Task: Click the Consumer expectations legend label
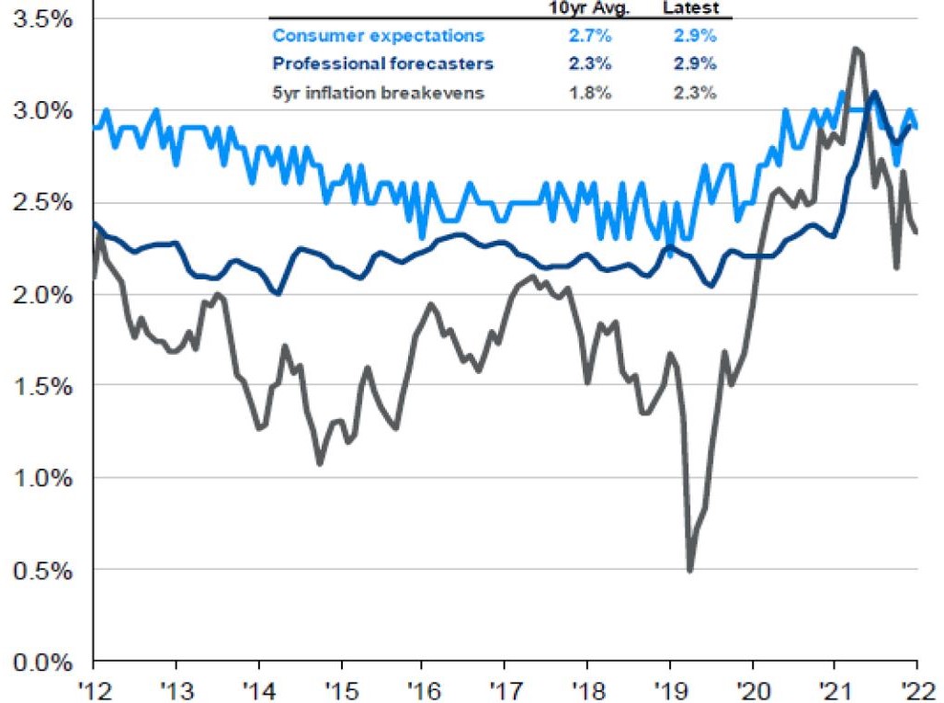(378, 37)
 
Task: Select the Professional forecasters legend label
(382, 63)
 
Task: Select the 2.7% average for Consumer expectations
(600, 37)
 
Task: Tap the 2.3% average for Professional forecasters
(600, 63)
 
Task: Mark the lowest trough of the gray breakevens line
(689, 571)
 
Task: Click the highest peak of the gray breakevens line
(856, 49)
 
